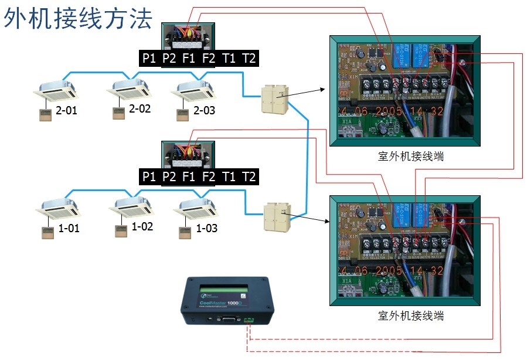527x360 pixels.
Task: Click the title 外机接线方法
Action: click(x=79, y=19)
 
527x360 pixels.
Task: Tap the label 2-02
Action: click(x=140, y=109)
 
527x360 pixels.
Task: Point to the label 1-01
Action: click(x=69, y=229)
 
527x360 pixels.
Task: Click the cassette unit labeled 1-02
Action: click(x=132, y=205)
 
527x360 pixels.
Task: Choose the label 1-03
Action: click(x=207, y=227)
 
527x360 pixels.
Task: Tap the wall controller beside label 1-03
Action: click(x=184, y=231)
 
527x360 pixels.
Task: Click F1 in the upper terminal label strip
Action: click(x=189, y=58)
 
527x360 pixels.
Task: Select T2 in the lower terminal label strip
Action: click(x=249, y=176)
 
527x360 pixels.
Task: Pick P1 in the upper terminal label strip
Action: click(x=149, y=58)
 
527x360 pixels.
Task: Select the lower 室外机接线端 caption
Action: click(x=410, y=315)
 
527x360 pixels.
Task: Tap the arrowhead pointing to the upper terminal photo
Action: click(x=323, y=89)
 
